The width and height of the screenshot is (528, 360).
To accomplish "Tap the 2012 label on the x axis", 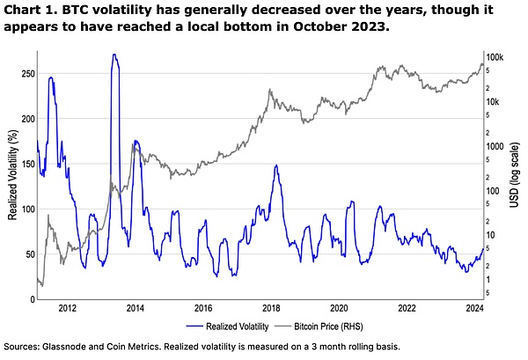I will click(68, 309).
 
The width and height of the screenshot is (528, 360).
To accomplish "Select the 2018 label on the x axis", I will click(271, 309).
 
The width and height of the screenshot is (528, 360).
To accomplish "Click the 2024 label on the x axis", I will click(474, 309).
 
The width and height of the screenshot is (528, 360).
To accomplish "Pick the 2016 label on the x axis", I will click(203, 309).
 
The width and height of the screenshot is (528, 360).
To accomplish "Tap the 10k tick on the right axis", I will click(495, 102).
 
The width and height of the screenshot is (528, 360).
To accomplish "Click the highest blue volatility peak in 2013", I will click(114, 55).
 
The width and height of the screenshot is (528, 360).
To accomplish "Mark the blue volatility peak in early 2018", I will click(276, 165).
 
